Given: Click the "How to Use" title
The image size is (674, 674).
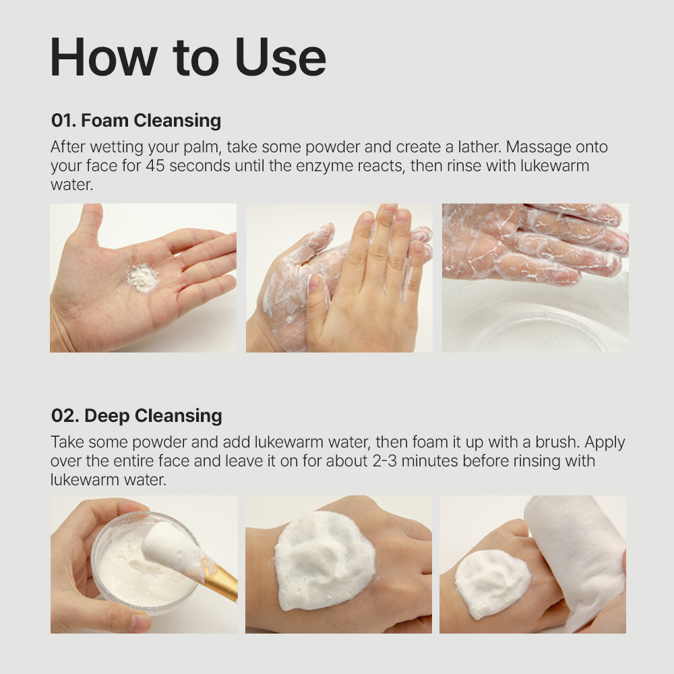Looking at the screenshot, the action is (x=188, y=57).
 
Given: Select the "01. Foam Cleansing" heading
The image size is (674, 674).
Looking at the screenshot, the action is (x=136, y=121).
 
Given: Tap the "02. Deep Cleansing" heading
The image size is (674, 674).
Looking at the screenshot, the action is (x=136, y=416).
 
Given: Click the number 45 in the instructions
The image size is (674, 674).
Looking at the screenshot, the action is (x=155, y=166).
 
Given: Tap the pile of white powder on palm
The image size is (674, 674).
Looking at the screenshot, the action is (x=143, y=278).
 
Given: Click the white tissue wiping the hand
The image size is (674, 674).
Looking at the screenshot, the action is (x=576, y=559).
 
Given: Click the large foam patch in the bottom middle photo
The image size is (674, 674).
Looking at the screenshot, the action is (x=325, y=559).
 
